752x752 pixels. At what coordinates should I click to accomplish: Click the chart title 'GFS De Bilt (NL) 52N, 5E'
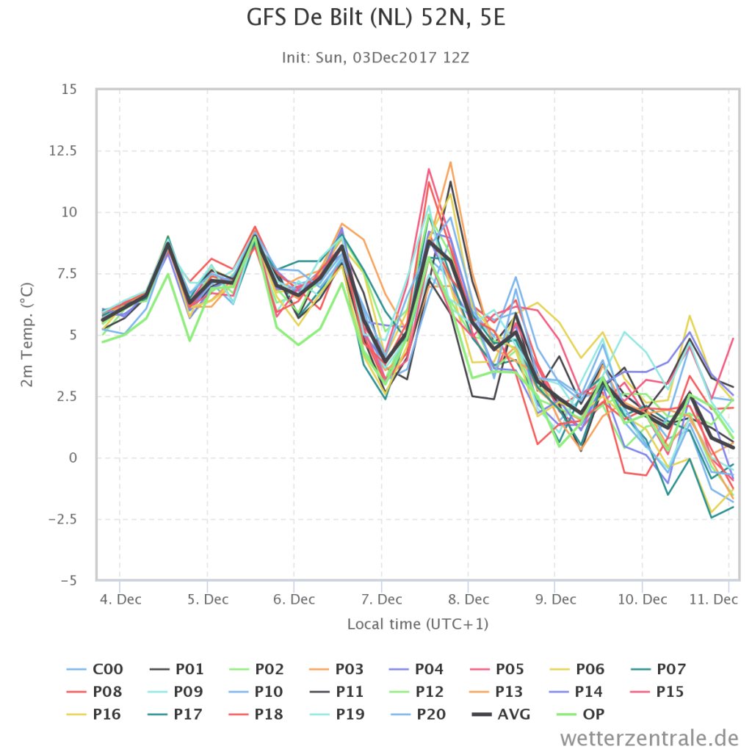[375, 18]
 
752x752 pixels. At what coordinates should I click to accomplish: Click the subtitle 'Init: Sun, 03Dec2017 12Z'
[375, 57]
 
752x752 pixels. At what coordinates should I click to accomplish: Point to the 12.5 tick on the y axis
[63, 151]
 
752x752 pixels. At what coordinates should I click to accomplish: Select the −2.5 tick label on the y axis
[62, 519]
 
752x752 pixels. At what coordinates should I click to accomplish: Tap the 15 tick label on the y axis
[69, 90]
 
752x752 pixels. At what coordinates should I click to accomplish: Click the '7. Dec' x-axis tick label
[382, 599]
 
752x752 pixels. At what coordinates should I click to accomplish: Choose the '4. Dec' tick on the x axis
[120, 599]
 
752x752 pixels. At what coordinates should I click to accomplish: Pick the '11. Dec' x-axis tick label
[714, 599]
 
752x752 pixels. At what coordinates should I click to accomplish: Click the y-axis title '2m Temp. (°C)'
[27, 335]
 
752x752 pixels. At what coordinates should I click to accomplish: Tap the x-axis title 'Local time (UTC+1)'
[418, 624]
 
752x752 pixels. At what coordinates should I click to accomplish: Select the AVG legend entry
[501, 715]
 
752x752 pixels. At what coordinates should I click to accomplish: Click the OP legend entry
[580, 715]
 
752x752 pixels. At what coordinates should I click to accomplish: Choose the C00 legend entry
[95, 669]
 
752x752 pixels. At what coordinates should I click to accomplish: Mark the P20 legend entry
[417, 715]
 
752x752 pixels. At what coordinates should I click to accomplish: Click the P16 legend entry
[94, 715]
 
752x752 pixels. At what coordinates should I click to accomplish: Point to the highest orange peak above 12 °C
[450, 162]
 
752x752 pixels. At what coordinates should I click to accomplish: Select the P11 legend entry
[336, 692]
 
